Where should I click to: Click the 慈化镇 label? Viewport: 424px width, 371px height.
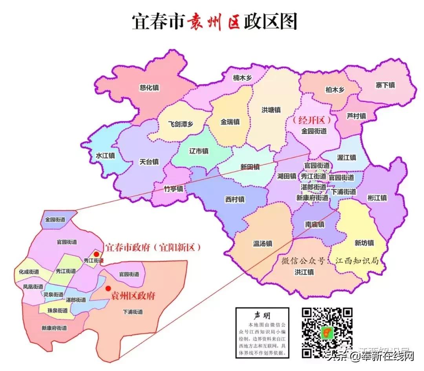(x=150, y=88)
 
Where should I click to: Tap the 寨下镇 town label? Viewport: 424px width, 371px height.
(x=385, y=85)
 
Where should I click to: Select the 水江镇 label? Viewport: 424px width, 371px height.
(x=105, y=156)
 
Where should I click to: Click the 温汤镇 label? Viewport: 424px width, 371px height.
(x=263, y=244)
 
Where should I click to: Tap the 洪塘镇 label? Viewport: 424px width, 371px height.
(x=271, y=110)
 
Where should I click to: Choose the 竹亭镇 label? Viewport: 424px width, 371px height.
(x=173, y=189)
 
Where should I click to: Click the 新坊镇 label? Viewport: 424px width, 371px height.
(x=364, y=243)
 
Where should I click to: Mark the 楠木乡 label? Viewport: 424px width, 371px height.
(x=242, y=78)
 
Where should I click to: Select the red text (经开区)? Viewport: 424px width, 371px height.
(x=313, y=120)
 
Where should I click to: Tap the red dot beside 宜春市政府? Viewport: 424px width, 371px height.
(x=97, y=255)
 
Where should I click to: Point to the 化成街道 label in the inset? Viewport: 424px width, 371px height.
(x=29, y=272)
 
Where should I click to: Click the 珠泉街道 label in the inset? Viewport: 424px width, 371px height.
(x=58, y=311)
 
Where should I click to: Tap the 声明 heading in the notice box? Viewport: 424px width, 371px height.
(x=262, y=316)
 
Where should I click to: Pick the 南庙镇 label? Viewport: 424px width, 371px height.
(x=315, y=225)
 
